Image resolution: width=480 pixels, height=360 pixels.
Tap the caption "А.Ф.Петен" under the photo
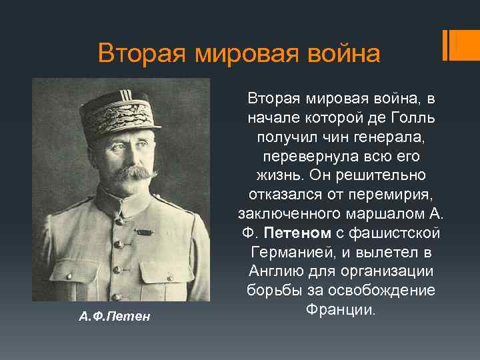pyautogui.click(x=115, y=316)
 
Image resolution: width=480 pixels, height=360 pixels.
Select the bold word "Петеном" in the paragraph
pyautogui.click(x=297, y=234)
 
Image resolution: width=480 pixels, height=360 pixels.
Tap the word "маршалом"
pyautogui.click(x=392, y=215)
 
